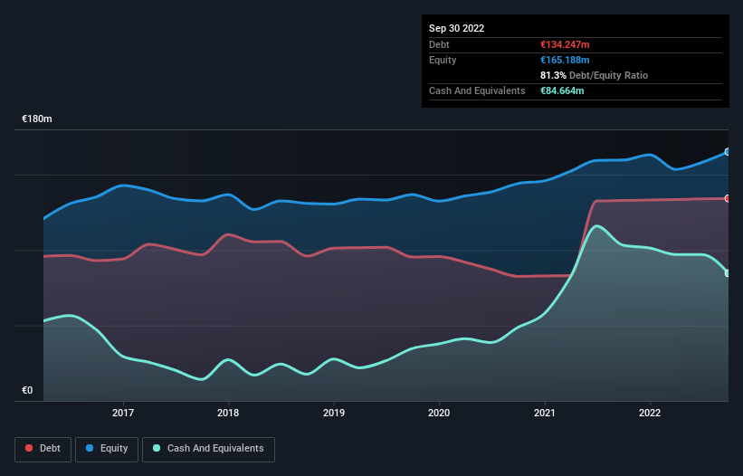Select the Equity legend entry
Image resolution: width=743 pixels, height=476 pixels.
click(107, 448)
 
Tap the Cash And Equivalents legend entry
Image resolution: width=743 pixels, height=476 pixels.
click(208, 448)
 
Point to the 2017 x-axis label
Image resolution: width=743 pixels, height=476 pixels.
click(123, 414)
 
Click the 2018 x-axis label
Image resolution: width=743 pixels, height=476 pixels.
click(229, 414)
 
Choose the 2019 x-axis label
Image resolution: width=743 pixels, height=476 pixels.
click(334, 414)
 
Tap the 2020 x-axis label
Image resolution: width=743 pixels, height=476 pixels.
click(439, 414)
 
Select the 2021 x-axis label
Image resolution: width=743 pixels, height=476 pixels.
click(545, 414)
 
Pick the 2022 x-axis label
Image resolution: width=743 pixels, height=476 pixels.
click(650, 414)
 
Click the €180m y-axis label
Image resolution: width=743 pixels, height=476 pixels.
click(37, 119)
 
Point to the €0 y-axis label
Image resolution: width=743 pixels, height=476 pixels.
click(27, 391)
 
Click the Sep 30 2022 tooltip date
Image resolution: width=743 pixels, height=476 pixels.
click(456, 28)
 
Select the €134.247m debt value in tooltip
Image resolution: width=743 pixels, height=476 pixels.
click(565, 44)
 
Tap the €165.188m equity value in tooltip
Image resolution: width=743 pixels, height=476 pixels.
click(565, 60)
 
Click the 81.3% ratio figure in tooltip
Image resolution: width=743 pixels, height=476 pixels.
click(555, 75)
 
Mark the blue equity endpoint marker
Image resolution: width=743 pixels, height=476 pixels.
click(728, 152)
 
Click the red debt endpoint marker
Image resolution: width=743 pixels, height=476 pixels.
click(728, 198)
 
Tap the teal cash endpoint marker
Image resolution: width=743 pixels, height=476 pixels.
click(728, 273)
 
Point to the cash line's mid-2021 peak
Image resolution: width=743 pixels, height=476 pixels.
click(595, 225)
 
